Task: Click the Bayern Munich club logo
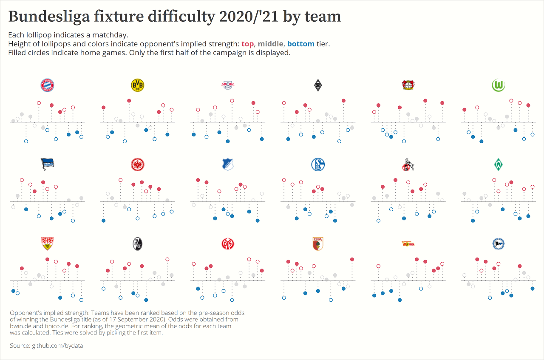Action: [x=47, y=85]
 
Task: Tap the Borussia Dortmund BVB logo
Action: [x=137, y=85]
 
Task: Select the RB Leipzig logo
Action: [x=227, y=85]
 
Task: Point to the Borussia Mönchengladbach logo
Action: [x=317, y=85]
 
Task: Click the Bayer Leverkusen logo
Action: [x=408, y=85]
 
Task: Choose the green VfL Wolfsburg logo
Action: [x=498, y=85]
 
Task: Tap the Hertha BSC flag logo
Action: [x=47, y=164]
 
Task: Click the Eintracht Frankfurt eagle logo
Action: [x=137, y=164]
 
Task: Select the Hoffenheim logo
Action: [x=228, y=164]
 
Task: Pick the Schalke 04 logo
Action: [x=318, y=164]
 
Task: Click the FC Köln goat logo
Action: [x=408, y=164]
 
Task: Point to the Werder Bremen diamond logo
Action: [x=498, y=164]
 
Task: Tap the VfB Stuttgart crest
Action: [x=47, y=244]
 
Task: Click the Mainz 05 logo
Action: [x=228, y=244]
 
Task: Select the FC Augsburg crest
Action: [x=317, y=244]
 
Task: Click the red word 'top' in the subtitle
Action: [x=247, y=44]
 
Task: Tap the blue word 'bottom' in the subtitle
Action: [x=300, y=44]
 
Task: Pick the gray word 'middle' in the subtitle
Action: [x=270, y=44]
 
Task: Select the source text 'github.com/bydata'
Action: [x=57, y=346]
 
